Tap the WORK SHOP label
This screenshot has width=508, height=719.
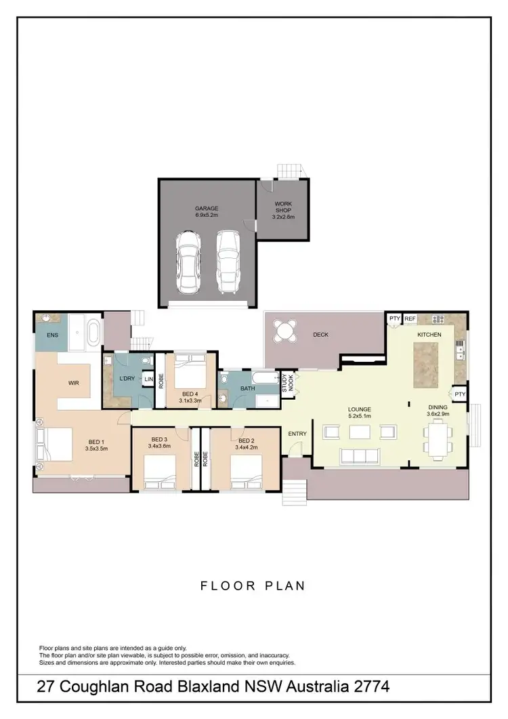tap(282, 207)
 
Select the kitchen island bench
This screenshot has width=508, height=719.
tap(426, 364)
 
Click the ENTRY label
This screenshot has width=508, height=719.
tap(297, 434)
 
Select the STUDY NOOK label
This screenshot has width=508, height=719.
tap(287, 384)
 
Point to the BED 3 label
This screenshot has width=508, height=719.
tap(160, 439)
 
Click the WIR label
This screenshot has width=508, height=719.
tap(74, 383)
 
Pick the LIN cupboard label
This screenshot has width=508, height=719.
tap(147, 380)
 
